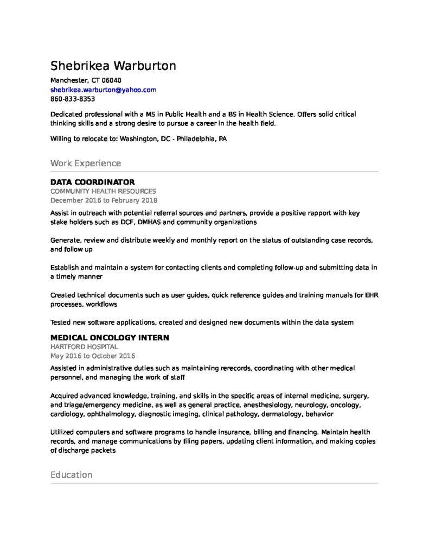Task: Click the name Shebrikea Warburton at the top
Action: (113, 66)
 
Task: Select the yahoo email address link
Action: (103, 90)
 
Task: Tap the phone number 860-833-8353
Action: (73, 99)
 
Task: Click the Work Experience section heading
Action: (85, 163)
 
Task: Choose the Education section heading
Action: (71, 475)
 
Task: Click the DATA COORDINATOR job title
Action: (92, 182)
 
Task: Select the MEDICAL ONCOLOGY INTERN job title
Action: (110, 338)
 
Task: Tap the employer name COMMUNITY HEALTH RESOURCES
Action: (103, 191)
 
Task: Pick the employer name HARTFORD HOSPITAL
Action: (84, 346)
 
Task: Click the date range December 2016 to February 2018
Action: (100, 200)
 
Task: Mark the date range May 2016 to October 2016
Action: (92, 356)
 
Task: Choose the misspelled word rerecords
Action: (230, 368)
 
